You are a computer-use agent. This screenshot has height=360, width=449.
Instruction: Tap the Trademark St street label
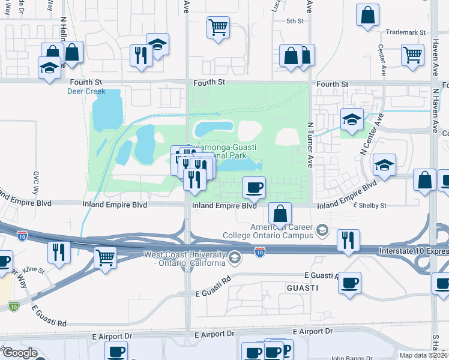(x=406, y=32)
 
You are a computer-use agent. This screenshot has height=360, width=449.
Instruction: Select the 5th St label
(x=295, y=21)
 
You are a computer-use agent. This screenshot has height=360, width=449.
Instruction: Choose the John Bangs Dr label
(x=348, y=357)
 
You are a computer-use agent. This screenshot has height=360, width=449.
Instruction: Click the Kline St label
(x=34, y=271)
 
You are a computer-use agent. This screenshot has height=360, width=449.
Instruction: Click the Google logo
(x=20, y=353)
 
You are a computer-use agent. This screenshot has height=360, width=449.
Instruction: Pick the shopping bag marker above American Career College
(x=280, y=212)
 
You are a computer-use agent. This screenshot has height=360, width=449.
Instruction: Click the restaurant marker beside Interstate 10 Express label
(x=348, y=239)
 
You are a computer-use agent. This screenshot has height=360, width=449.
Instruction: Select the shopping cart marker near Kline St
(x=106, y=257)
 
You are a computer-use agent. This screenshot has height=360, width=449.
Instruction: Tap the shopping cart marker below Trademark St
(x=413, y=55)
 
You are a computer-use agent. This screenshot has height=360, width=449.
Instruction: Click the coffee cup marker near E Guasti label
(x=350, y=282)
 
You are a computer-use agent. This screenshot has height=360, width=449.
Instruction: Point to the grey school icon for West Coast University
(x=235, y=259)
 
